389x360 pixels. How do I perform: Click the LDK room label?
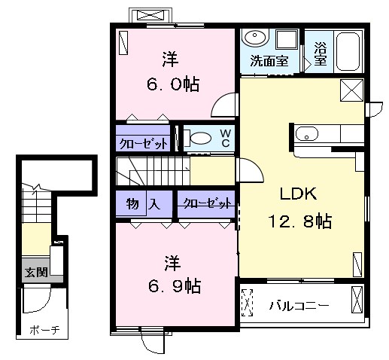click(298, 194)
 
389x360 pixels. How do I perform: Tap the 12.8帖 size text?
click(300, 221)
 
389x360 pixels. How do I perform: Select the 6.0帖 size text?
click(173, 84)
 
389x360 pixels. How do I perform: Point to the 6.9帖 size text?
click(175, 286)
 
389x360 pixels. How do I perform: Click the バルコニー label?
click(299, 306)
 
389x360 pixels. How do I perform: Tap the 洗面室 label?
click(269, 61)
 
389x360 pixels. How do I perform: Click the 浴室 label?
click(321, 54)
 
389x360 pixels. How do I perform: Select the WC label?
click(226, 138)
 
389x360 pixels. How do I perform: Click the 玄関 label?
click(36, 272)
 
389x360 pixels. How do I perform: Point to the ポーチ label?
click(44, 330)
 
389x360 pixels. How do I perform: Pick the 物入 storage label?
click(143, 203)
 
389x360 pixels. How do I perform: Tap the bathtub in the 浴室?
click(348, 51)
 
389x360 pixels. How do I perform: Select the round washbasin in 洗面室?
click(255, 38)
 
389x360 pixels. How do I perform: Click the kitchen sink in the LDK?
click(307, 133)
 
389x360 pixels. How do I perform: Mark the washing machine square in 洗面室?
click(287, 39)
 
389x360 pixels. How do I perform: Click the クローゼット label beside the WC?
click(143, 144)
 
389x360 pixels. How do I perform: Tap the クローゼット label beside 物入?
click(207, 203)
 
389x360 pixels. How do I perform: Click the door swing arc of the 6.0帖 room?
click(217, 100)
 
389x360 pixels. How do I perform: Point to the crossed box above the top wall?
click(150, 15)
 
